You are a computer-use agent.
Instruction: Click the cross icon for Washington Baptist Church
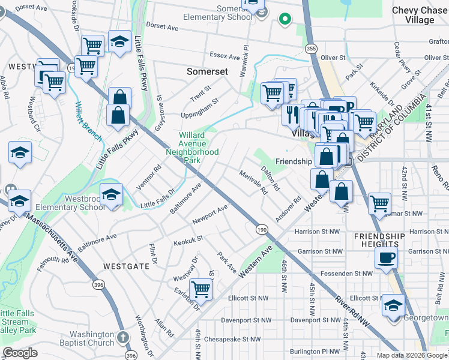click(x=123, y=338)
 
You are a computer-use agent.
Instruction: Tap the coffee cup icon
click(x=385, y=257)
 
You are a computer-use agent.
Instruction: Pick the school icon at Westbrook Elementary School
click(x=111, y=193)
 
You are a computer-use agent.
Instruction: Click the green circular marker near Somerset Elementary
click(x=285, y=19)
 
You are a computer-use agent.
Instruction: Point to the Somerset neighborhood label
click(x=207, y=71)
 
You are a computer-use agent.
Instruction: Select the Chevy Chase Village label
click(x=420, y=15)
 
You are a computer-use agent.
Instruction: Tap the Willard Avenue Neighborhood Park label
click(x=192, y=148)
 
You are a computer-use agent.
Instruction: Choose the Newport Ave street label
click(x=210, y=214)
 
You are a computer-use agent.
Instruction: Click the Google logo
click(x=20, y=353)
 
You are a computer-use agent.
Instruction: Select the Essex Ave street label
click(x=225, y=56)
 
